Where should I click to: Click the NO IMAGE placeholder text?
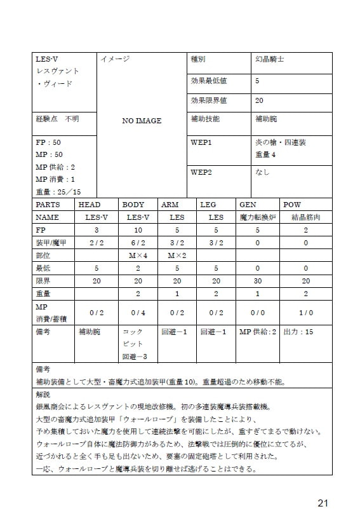(142, 121)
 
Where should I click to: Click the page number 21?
(323, 503)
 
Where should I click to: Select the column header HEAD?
(89, 205)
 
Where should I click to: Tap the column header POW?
(292, 205)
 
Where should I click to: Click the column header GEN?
(247, 205)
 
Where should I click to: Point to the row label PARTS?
(48, 205)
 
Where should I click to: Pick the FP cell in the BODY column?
(138, 229)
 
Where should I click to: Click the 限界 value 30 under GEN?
(257, 281)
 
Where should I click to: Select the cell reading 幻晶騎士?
(269, 59)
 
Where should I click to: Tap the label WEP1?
(201, 142)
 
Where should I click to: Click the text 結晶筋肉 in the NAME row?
(305, 217)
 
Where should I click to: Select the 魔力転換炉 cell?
(257, 217)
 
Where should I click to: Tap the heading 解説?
(44, 394)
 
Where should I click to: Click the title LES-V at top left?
(47, 59)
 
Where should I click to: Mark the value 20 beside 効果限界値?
(259, 100)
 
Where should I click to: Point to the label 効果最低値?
(209, 81)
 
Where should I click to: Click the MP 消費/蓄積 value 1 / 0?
(305, 312)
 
